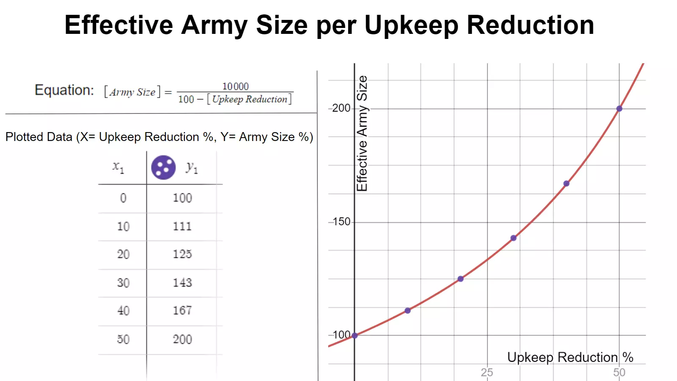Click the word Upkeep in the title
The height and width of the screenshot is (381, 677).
coord(411,25)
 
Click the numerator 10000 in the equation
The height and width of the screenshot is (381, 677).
coord(235,86)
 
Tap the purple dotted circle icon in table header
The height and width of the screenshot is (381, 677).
coord(163,168)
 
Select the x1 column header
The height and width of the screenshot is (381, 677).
coord(118,168)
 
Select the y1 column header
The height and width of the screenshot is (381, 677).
coord(192,168)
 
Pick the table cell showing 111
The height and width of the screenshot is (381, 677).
coord(182,226)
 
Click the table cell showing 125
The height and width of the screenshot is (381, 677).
coord(182,254)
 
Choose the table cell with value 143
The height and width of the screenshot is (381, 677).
coord(182,282)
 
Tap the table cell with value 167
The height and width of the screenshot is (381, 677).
coord(182,310)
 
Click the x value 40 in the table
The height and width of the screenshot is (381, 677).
coord(123,310)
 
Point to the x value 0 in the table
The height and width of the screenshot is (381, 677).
coord(123,198)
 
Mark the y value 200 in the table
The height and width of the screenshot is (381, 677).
coord(182,339)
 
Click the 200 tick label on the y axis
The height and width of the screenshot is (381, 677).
coord(341,108)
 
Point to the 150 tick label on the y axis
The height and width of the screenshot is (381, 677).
coord(341,221)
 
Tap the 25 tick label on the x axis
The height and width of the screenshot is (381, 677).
coord(487,373)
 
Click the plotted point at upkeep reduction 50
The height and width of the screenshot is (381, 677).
coord(619,109)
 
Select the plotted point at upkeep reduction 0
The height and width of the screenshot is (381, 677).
coord(355,336)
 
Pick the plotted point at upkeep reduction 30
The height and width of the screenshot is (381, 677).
coord(513,238)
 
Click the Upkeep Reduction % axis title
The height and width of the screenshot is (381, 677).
coord(570,357)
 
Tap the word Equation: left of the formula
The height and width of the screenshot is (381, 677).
coord(64,90)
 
